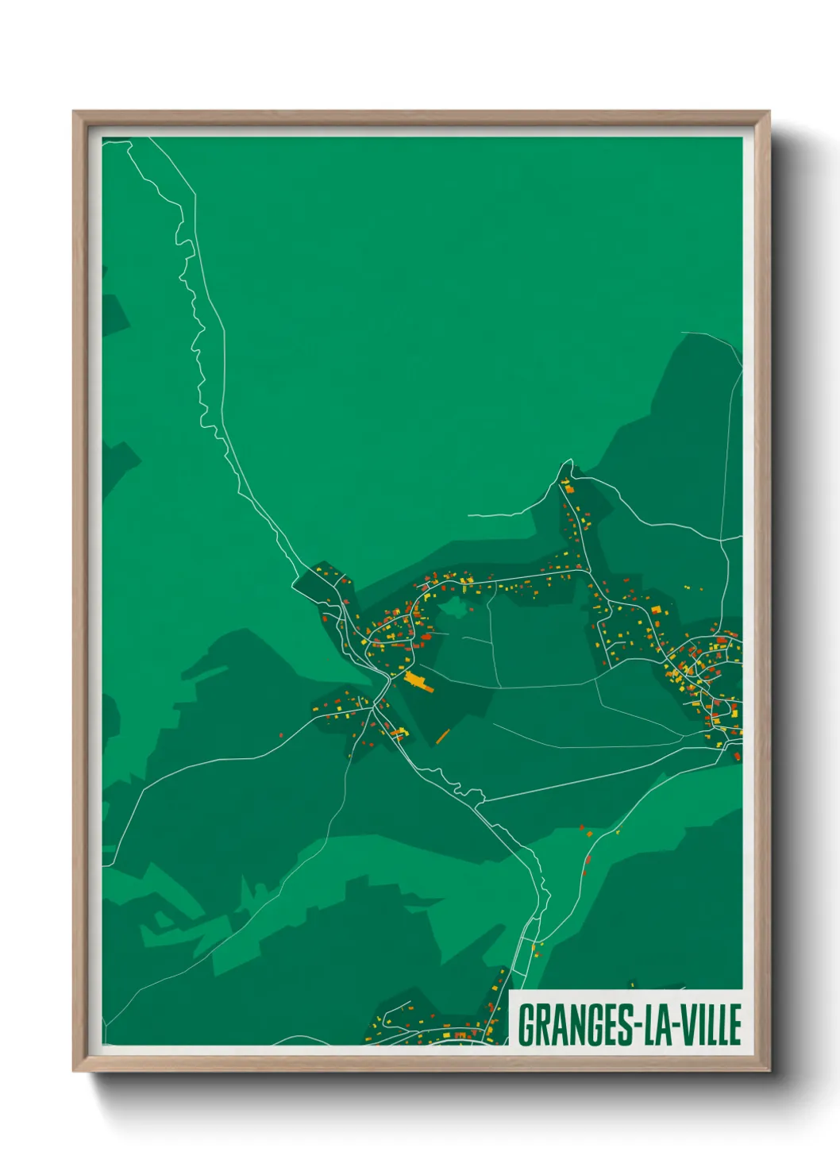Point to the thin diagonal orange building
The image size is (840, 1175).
(443, 735)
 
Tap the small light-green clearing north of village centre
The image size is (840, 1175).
(453, 609)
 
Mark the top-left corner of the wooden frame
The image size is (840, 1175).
(74, 112)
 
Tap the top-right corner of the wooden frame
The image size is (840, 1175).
(769, 112)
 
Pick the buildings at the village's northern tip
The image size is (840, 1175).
(566, 481)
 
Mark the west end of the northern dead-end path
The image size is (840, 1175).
(469, 515)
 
